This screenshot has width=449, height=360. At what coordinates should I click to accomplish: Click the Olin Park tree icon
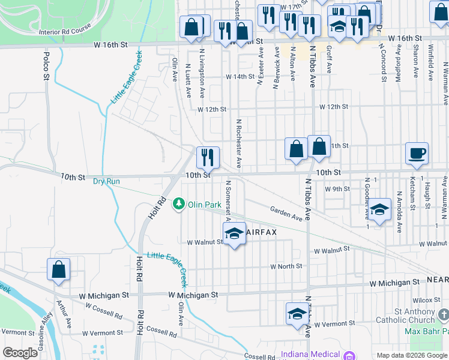point(179,205)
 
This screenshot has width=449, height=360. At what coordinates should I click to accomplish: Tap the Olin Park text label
point(205,205)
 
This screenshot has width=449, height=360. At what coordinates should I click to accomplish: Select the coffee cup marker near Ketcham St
point(417,153)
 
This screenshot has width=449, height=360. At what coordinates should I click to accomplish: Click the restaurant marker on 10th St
point(208,158)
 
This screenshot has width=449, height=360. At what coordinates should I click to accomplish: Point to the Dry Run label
point(106,181)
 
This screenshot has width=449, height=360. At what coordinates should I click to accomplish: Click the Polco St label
point(46,65)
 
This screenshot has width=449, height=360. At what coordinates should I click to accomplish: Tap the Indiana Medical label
point(313,355)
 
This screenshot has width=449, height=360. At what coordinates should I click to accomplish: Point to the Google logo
point(20,353)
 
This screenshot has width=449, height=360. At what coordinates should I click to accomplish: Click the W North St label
point(286,266)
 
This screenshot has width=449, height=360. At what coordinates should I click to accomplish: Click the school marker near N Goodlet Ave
point(379,210)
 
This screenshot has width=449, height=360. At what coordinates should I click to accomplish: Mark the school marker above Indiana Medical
point(297,314)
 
